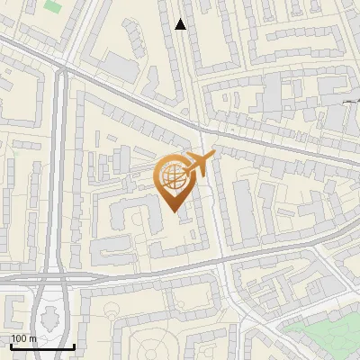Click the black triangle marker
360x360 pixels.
[x=181, y=24]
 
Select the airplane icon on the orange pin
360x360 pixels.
[x=201, y=165]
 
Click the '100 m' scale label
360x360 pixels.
[x=23, y=338]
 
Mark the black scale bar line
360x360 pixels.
[x=41, y=346]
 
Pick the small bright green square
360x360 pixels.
[x=51, y=6]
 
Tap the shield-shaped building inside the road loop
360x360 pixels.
[x=50, y=317]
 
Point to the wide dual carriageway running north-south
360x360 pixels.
[x=60, y=180]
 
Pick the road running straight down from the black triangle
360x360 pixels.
[x=188, y=81]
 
